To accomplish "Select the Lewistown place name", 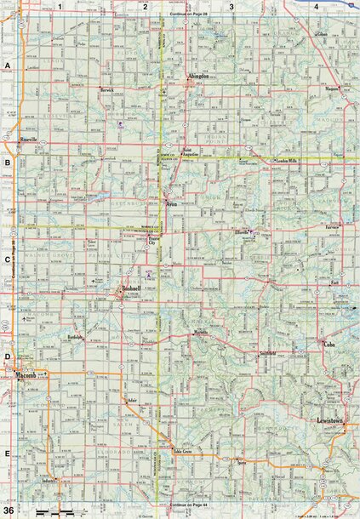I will [329, 420].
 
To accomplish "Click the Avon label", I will [171, 203].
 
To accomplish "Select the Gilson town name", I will [322, 34].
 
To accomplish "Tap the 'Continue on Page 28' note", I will [188, 14].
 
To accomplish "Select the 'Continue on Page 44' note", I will [188, 505].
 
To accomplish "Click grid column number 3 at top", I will [231, 6].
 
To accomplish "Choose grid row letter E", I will [7, 454].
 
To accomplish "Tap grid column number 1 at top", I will [60, 6].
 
